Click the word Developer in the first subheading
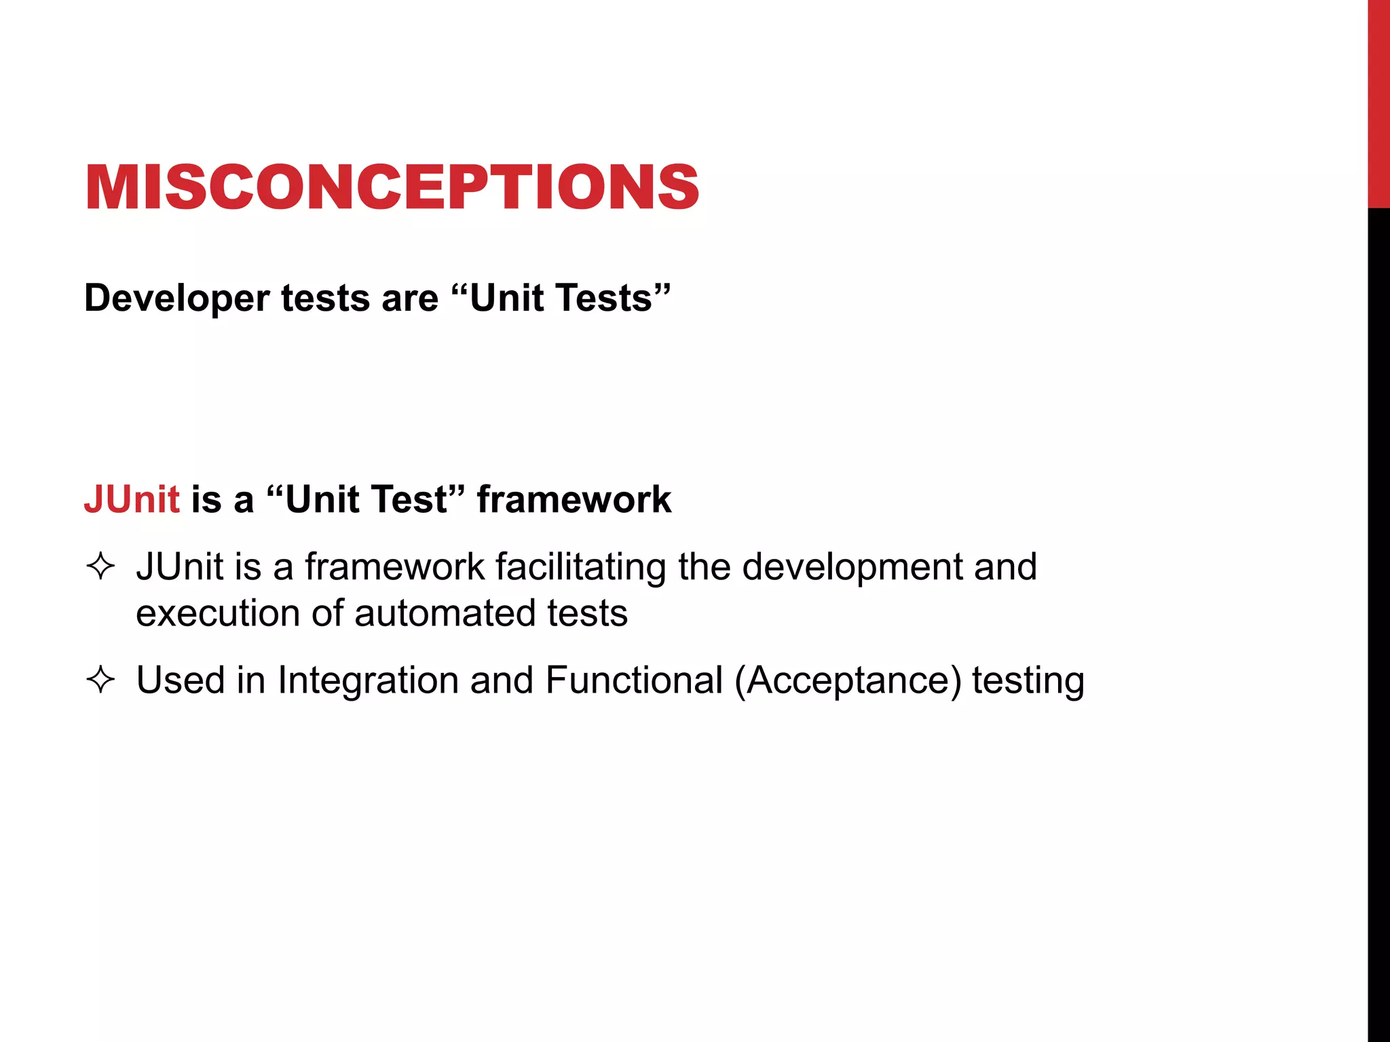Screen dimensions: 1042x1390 176,298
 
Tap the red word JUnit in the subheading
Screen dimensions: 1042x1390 132,499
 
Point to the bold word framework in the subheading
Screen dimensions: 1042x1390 574,499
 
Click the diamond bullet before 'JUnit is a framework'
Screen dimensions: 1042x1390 100,566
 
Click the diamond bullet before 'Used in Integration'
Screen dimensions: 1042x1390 100,680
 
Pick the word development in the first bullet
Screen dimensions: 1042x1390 852,567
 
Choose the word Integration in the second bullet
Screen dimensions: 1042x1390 368,680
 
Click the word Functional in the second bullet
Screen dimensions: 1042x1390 634,680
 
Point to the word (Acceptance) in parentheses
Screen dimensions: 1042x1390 848,680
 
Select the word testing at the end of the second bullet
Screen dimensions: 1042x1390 1028,680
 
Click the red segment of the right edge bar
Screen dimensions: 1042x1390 1378,102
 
